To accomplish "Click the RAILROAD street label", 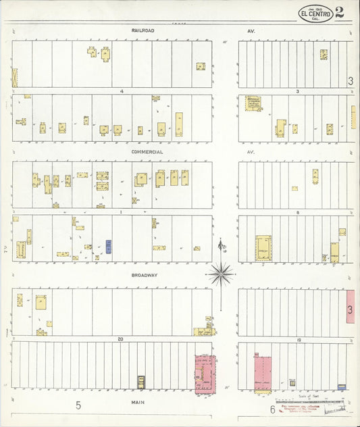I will click(143, 31).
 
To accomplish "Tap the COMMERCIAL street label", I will click(147, 152).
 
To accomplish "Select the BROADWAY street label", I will click(144, 276).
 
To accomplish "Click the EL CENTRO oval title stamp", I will click(316, 14).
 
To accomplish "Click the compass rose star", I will click(221, 274).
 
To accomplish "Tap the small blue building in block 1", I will click(109, 247).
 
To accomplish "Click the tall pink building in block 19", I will click(262, 373).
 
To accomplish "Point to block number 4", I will click(122, 91).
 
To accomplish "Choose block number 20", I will click(120, 338).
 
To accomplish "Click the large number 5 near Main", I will click(78, 405).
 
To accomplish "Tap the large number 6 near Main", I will click(272, 409).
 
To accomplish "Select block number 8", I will click(297, 212).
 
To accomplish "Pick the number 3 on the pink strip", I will click(351, 309).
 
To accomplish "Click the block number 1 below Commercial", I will click(121, 211).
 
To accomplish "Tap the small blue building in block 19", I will click(342, 387).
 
